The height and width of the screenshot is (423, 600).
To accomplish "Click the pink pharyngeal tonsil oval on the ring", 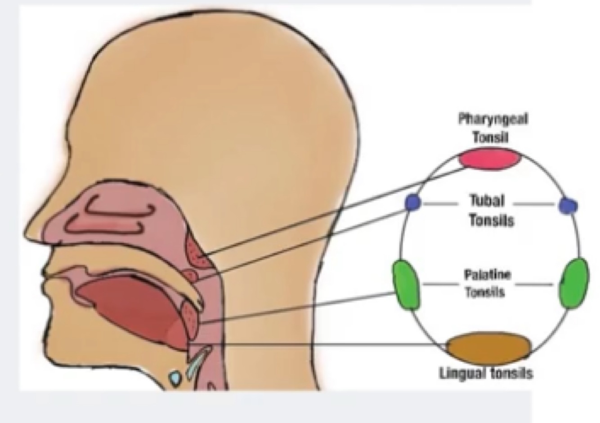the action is pyautogui.click(x=490, y=160).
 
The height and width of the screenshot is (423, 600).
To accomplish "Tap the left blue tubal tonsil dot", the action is pyautogui.click(x=412, y=203).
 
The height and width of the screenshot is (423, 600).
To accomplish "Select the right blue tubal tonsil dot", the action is pyautogui.click(x=568, y=205).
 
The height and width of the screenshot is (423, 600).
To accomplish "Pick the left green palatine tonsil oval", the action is pyautogui.click(x=406, y=285).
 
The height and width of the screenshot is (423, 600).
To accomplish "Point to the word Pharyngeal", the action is pyautogui.click(x=493, y=119).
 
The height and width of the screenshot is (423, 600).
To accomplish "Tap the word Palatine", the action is pyautogui.click(x=488, y=274).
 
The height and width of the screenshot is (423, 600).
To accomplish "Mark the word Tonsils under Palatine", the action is pyautogui.click(x=484, y=293).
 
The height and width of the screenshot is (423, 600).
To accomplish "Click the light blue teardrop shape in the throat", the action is pyautogui.click(x=175, y=378).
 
